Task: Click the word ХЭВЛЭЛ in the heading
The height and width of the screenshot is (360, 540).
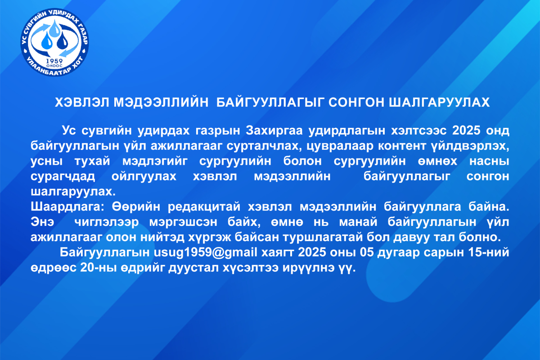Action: click(x=82, y=103)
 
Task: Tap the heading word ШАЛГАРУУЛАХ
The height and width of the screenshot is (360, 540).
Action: click(x=439, y=103)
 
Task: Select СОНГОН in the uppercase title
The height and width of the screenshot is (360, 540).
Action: click(x=356, y=103)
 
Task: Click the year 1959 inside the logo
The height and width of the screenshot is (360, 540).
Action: click(x=54, y=61)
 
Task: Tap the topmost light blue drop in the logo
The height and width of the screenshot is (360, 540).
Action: click(x=55, y=28)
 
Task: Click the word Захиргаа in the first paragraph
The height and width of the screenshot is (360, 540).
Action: click(x=274, y=130)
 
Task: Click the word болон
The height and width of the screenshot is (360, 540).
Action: click(x=302, y=161)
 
